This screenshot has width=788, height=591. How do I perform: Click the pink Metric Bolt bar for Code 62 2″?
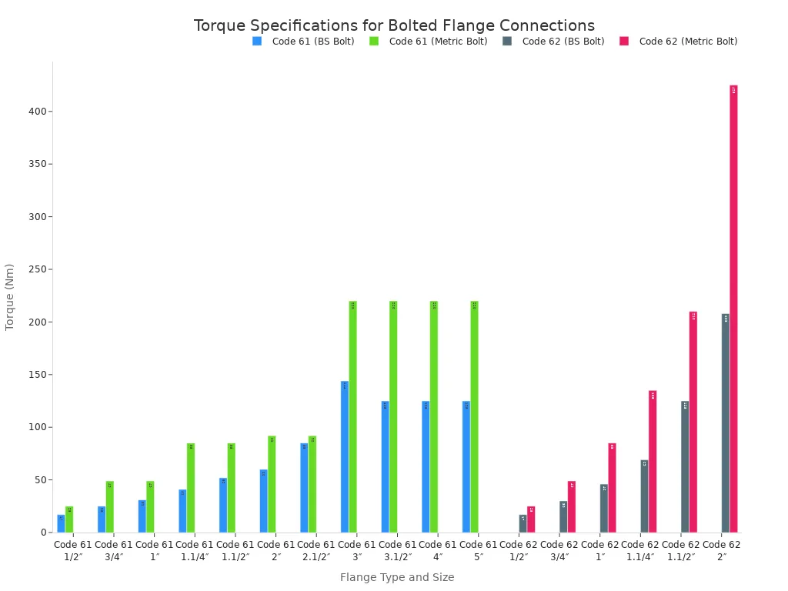[733, 308]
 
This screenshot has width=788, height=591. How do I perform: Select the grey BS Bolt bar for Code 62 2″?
[726, 423]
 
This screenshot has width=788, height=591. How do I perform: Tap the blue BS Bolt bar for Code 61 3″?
[345, 456]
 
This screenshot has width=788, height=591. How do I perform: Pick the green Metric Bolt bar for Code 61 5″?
[474, 416]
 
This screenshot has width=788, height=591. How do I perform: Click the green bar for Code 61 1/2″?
[69, 519]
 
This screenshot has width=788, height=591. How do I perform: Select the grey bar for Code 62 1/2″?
[523, 524]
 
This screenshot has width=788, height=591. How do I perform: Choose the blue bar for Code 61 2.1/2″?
[304, 487]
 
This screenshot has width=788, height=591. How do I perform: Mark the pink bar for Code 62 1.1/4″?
[653, 462]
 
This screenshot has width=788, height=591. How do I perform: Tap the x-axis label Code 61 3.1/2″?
[397, 551]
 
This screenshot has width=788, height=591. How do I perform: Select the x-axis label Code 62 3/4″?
[559, 551]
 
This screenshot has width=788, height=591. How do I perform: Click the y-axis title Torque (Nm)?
[10, 297]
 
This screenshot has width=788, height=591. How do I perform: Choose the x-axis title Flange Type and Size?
[397, 577]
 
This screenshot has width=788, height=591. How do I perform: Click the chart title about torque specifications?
[394, 25]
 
